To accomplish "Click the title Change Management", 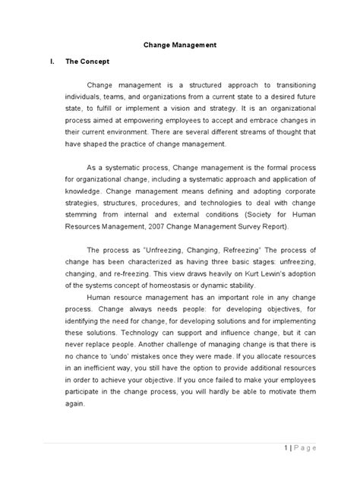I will pos(180,45).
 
